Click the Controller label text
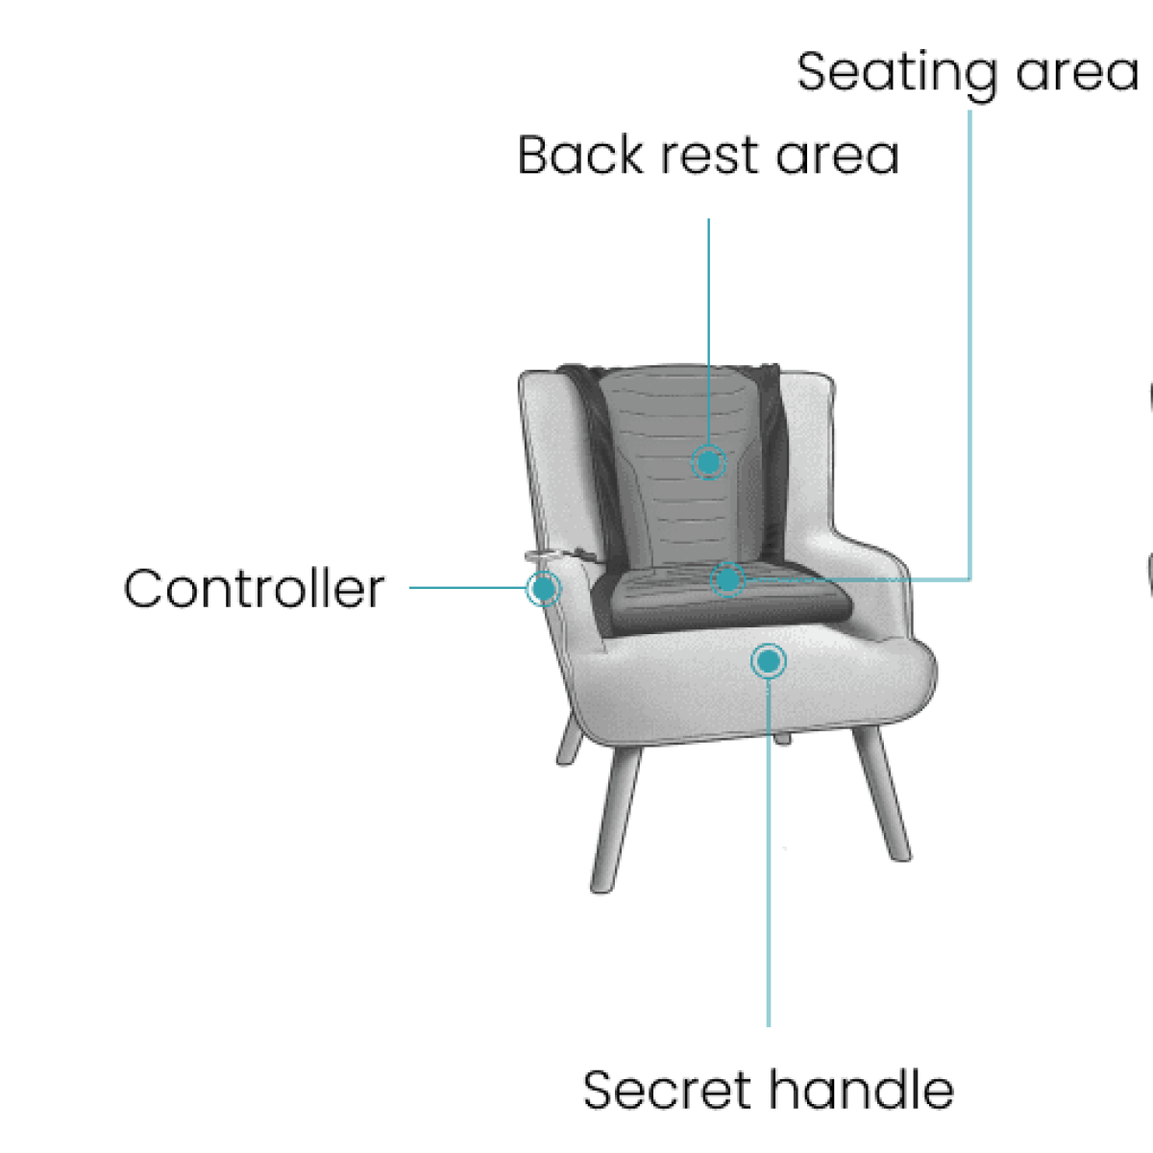pyautogui.click(x=254, y=589)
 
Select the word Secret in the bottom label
pyautogui.click(x=667, y=1090)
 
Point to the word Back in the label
pyautogui.click(x=579, y=155)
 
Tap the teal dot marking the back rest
pyautogui.click(x=708, y=462)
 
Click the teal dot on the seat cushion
pyautogui.click(x=727, y=579)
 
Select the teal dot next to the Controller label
pyautogui.click(x=543, y=589)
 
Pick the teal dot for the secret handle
pyautogui.click(x=769, y=661)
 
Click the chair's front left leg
pyautogui.click(x=615, y=820)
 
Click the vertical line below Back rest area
pyautogui.click(x=708, y=331)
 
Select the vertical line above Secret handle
pyautogui.click(x=769, y=852)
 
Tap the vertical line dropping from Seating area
pyautogui.click(x=969, y=345)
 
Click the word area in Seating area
pyautogui.click(x=1077, y=74)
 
